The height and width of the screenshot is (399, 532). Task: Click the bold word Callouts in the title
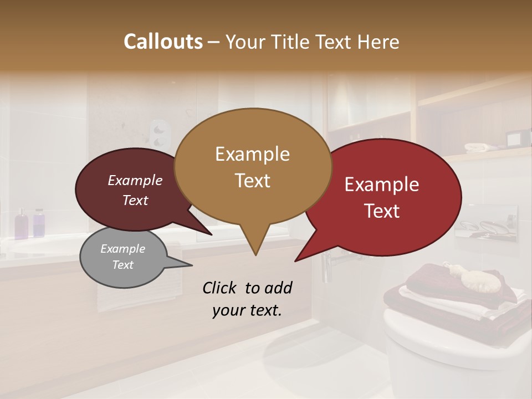click(163, 42)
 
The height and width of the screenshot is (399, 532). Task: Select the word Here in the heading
click(379, 42)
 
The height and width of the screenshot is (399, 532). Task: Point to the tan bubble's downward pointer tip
click(255, 254)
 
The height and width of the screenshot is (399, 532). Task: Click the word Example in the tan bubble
click(252, 154)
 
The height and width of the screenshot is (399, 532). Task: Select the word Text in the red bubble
click(382, 211)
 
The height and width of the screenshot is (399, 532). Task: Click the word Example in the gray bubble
click(123, 249)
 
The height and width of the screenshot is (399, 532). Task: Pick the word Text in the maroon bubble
click(135, 201)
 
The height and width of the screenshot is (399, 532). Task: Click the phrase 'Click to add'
click(247, 288)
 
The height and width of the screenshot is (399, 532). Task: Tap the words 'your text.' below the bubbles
click(247, 310)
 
